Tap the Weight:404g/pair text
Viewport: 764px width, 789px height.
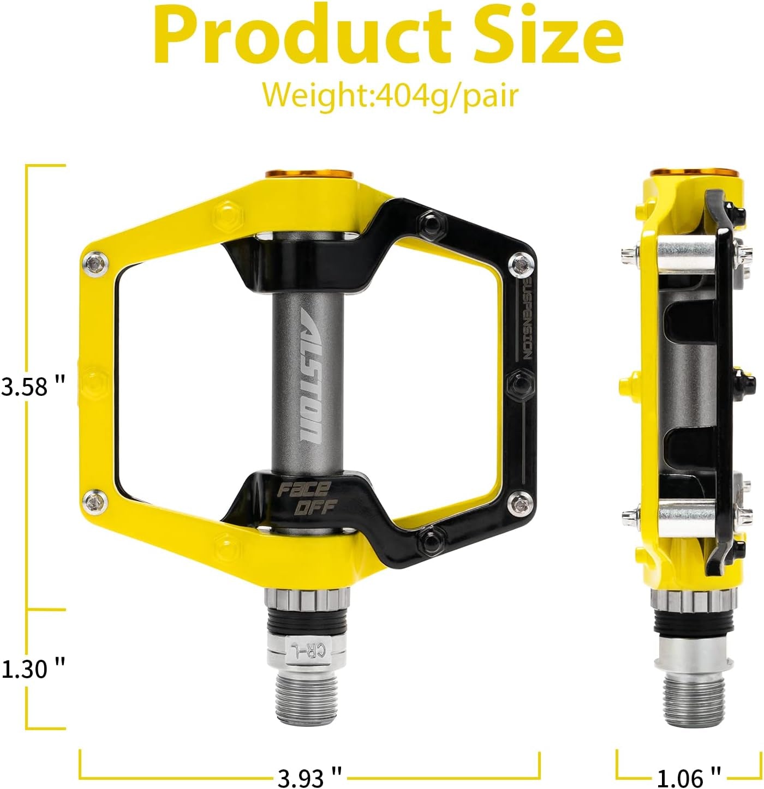pos(390,95)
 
